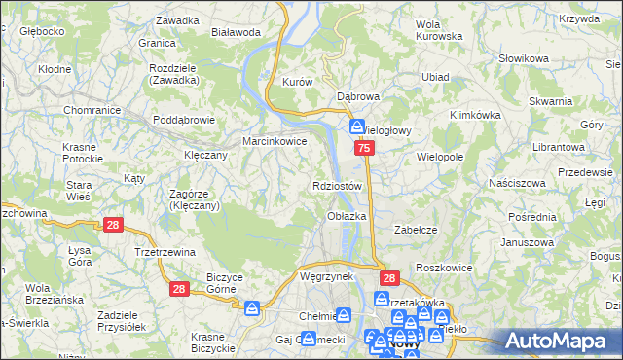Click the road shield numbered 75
(x=363, y=148)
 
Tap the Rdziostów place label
(x=339, y=185)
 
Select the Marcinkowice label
(x=275, y=141)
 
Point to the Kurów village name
(x=297, y=83)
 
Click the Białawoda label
(x=236, y=32)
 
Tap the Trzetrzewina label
(x=165, y=251)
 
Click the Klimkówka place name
(x=474, y=114)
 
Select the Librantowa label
(x=558, y=146)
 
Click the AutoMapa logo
(x=559, y=341)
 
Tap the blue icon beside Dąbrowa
(x=357, y=126)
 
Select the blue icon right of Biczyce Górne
(x=252, y=308)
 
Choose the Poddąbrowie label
(x=183, y=120)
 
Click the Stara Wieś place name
(x=79, y=191)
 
